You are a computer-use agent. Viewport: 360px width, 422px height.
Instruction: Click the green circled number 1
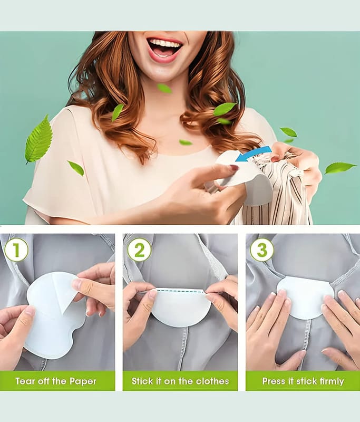click(x=16, y=250)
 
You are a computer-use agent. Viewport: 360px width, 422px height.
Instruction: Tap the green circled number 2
click(x=139, y=250)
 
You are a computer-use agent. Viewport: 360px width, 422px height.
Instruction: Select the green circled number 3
click(x=262, y=250)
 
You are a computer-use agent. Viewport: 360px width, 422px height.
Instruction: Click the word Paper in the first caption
click(x=83, y=381)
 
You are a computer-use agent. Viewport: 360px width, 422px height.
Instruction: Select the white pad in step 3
click(x=305, y=295)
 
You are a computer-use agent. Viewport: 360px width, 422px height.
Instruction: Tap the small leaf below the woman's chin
click(x=164, y=88)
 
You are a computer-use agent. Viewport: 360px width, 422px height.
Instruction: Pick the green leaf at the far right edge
click(x=340, y=168)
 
